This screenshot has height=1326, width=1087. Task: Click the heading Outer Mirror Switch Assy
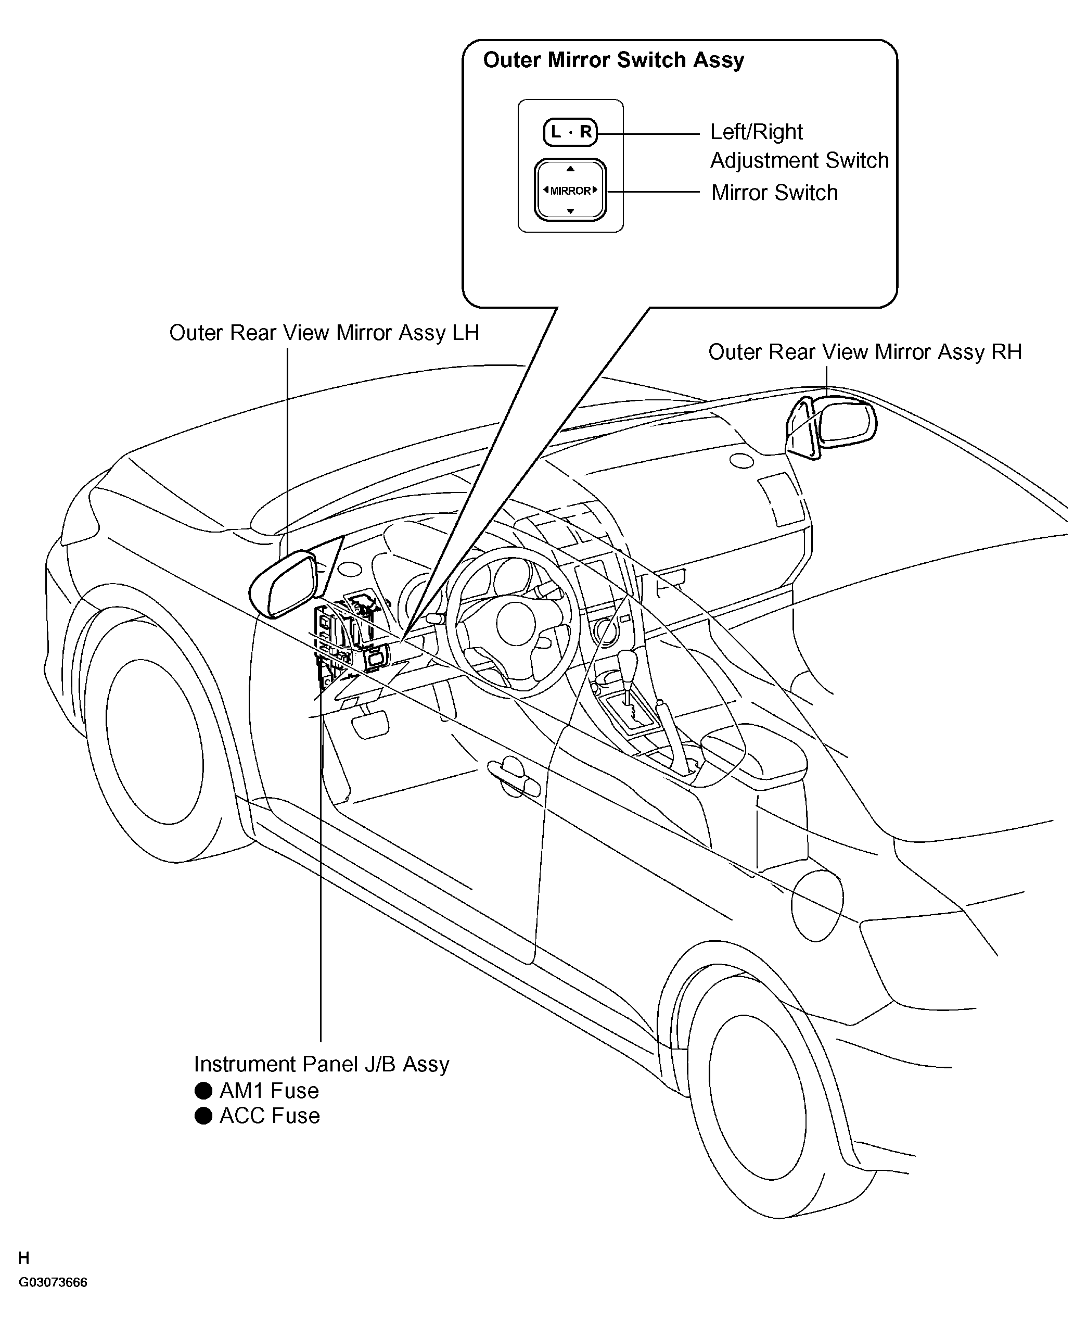point(613,60)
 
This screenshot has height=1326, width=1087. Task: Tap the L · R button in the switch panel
point(570,132)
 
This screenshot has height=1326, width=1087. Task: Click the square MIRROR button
point(570,191)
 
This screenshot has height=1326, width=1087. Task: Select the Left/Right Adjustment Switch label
point(799,146)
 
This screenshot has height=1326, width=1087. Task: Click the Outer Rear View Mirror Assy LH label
point(324,333)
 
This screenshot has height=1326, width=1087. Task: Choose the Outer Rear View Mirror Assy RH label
point(865,352)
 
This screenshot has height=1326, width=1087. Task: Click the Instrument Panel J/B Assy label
point(321,1064)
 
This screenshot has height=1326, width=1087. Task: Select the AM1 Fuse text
point(269,1091)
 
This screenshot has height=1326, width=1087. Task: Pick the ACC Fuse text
point(269,1116)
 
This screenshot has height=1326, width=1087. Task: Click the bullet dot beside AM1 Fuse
point(203,1091)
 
